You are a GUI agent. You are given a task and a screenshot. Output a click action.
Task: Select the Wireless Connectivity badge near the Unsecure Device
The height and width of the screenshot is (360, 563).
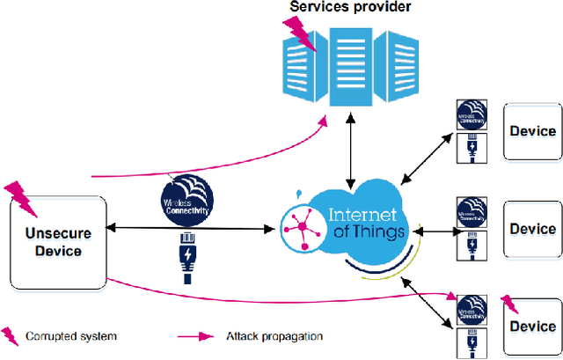[x=187, y=197]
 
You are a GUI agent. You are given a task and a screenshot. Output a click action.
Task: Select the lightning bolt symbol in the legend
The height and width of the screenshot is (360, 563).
[x=12, y=334]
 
